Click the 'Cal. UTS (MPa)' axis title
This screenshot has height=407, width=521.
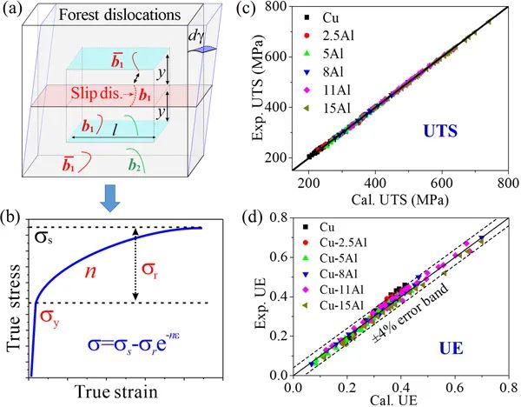[408, 197]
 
